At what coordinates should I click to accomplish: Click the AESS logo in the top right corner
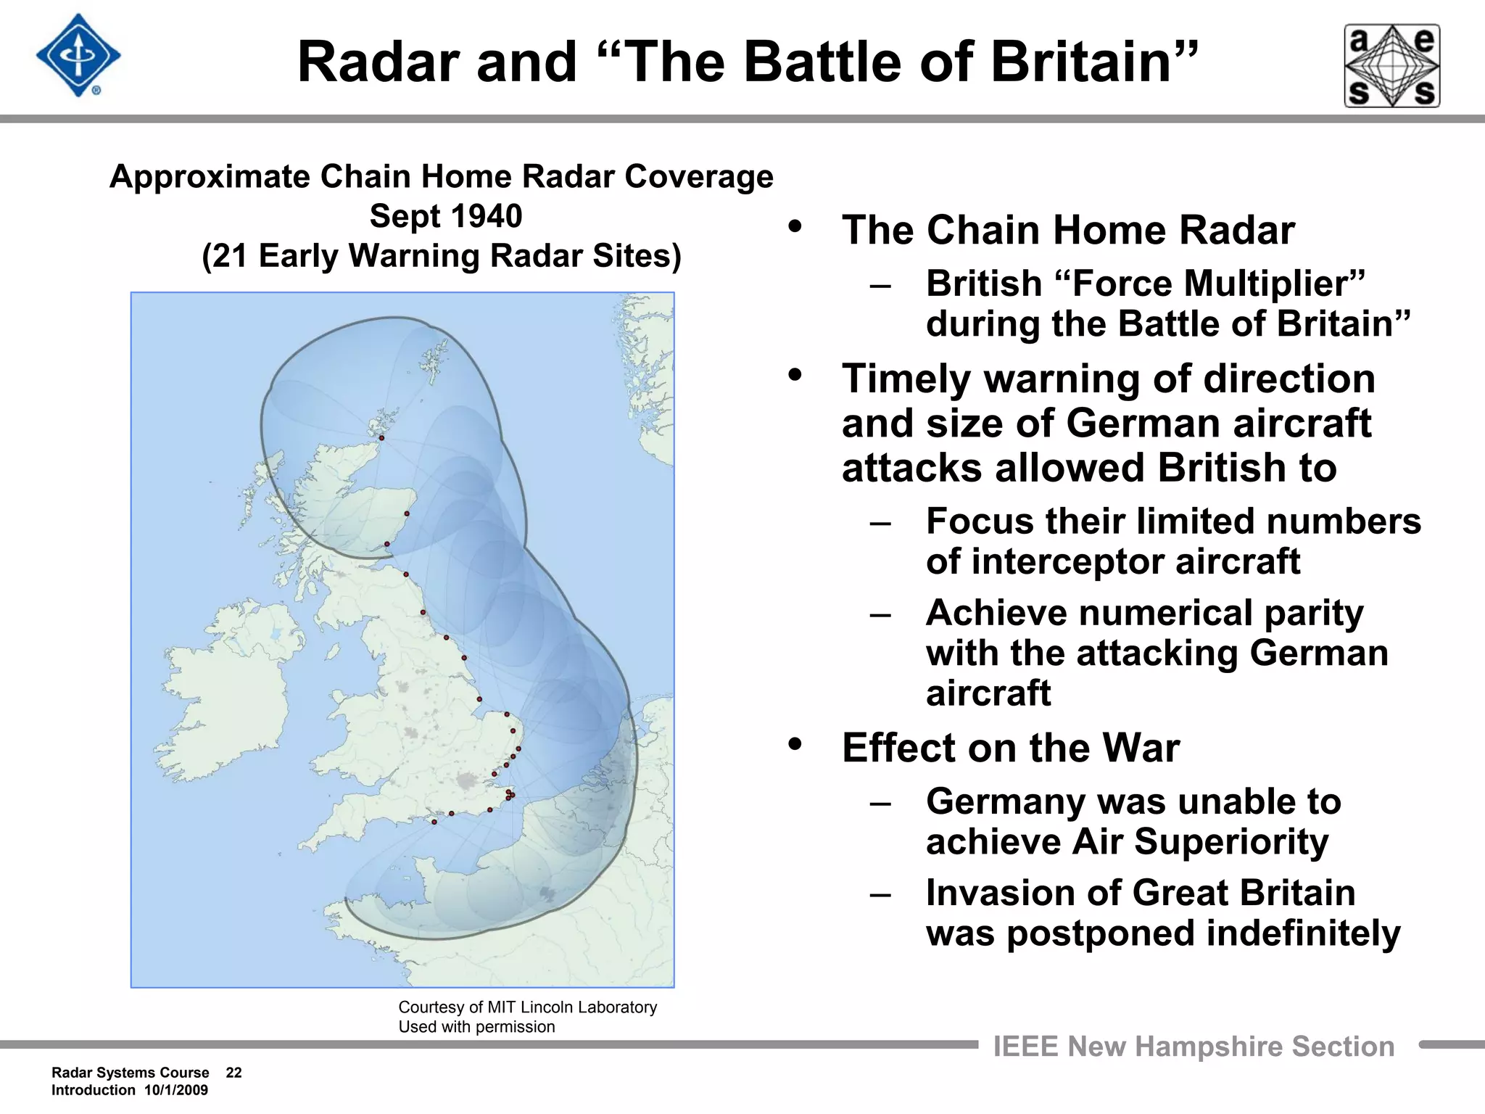[x=1391, y=66]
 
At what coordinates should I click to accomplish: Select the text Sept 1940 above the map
[x=445, y=216]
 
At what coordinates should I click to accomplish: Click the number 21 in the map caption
[x=230, y=256]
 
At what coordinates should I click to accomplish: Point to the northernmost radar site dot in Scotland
[x=381, y=438]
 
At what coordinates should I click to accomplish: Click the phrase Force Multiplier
[x=1218, y=284]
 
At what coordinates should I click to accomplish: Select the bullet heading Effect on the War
[x=1010, y=748]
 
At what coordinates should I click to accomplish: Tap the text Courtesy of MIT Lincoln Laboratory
[x=527, y=1007]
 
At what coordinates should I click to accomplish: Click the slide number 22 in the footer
[x=233, y=1073]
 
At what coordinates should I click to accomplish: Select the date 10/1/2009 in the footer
[x=175, y=1090]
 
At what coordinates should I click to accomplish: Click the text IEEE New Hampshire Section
[x=1193, y=1047]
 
